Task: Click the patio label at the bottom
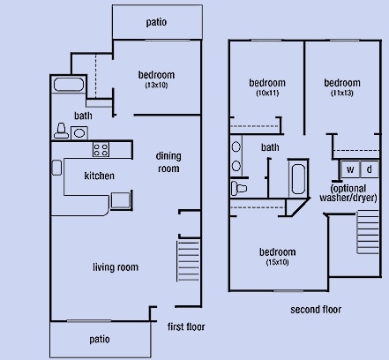pyautogui.click(x=99, y=339)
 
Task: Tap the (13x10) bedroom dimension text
pyautogui.click(x=156, y=86)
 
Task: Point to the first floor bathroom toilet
pyautogui.click(x=61, y=130)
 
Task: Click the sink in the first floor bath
pyautogui.click(x=79, y=133)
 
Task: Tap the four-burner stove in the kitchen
pyautogui.click(x=100, y=150)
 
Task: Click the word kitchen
pyautogui.click(x=99, y=176)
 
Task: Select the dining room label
pyautogui.click(x=168, y=162)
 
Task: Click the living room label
pyautogui.click(x=116, y=266)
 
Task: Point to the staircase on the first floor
pyautogui.click(x=190, y=261)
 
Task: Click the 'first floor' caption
pyautogui.click(x=186, y=327)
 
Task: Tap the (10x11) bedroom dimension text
pyautogui.click(x=267, y=93)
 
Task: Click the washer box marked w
pyautogui.click(x=349, y=169)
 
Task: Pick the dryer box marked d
pyautogui.click(x=368, y=169)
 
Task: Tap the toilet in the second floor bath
pyautogui.click(x=239, y=188)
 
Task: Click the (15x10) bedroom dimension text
pyautogui.click(x=279, y=262)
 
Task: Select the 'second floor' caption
pyautogui.click(x=316, y=310)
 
